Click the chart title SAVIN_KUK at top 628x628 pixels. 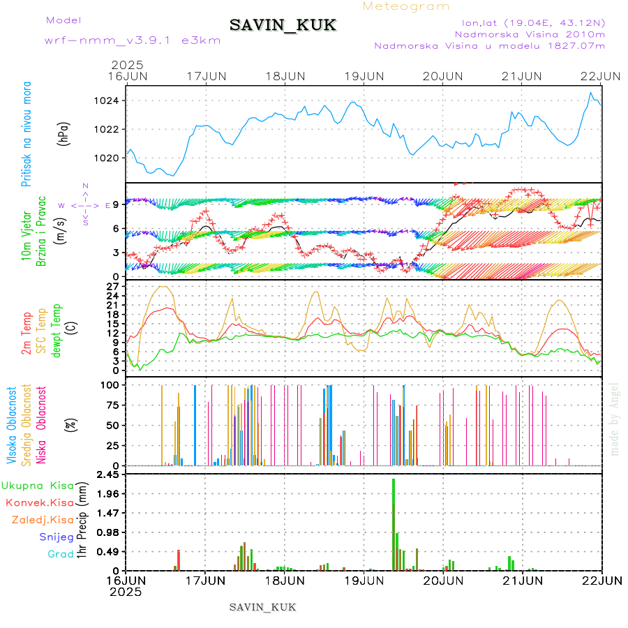point(283,26)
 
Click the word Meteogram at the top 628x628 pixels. point(406,6)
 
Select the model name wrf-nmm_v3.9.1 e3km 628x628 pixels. point(133,40)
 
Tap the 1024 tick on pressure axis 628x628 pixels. point(107,101)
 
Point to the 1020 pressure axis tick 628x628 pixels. point(107,158)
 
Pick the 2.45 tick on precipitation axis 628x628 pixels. point(108,475)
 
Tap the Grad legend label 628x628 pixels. point(61,554)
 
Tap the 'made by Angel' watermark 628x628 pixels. point(615,419)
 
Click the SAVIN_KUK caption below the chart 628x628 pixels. point(262,607)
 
